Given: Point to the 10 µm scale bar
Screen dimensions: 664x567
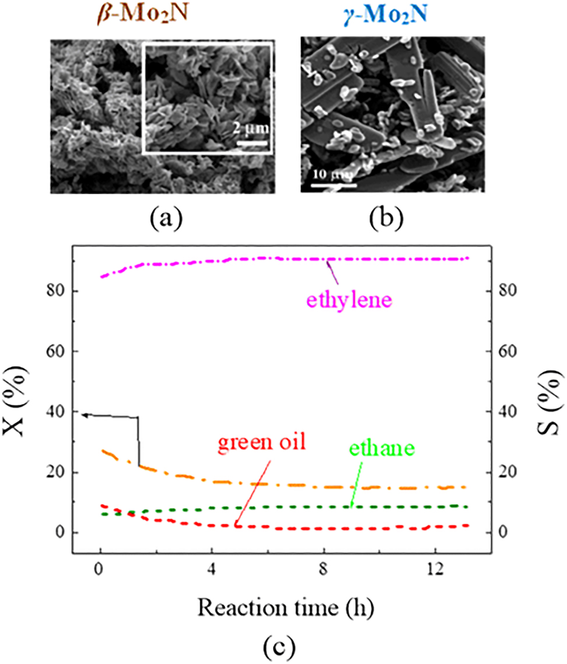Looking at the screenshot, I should pos(332,186).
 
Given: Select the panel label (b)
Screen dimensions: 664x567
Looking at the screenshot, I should pos(384,219).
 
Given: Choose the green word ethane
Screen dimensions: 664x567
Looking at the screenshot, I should pos(380,448).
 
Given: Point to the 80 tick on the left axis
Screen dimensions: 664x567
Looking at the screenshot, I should pos(56,291).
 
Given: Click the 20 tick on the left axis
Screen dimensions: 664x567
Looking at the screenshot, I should pos(56,472).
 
